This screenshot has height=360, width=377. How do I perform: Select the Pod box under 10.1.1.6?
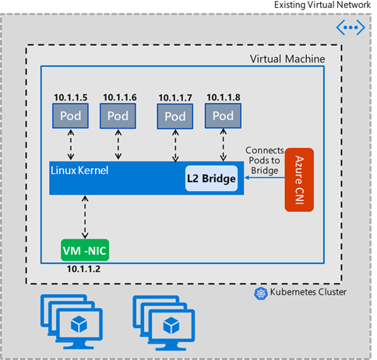(x=118, y=115)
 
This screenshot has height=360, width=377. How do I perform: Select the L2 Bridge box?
(x=210, y=179)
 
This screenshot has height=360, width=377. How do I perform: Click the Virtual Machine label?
(x=287, y=59)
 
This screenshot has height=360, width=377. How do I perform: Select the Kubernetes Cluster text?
(x=307, y=292)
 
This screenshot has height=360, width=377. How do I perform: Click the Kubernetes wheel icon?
(x=261, y=292)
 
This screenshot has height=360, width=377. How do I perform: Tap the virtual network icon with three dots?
(x=349, y=27)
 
